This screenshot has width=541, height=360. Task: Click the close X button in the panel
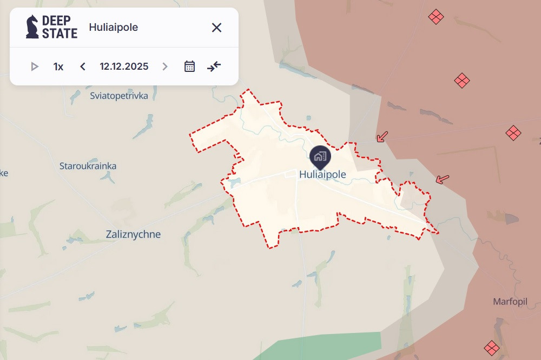216,28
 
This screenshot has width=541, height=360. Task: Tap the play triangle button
35,66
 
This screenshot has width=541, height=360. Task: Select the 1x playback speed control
58,66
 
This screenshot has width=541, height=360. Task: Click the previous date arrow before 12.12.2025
83,66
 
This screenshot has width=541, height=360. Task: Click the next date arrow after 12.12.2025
165,66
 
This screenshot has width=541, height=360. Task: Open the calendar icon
189,66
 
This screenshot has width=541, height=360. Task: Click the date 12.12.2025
124,66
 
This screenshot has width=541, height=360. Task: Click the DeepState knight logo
32,27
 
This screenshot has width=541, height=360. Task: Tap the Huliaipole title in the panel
113,28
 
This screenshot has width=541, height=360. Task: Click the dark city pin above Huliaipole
319,156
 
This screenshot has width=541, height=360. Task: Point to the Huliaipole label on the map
322,175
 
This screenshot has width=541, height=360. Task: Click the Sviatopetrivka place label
119,96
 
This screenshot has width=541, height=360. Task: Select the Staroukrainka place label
88,166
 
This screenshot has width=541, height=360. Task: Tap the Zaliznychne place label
133,235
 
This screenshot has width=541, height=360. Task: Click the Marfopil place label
510,302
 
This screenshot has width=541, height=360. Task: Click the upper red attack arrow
382,137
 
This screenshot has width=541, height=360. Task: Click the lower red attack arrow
443,179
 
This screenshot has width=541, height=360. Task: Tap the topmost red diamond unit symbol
436,17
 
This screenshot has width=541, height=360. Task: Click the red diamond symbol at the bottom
491,348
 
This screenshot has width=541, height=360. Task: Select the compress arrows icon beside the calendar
214,66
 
